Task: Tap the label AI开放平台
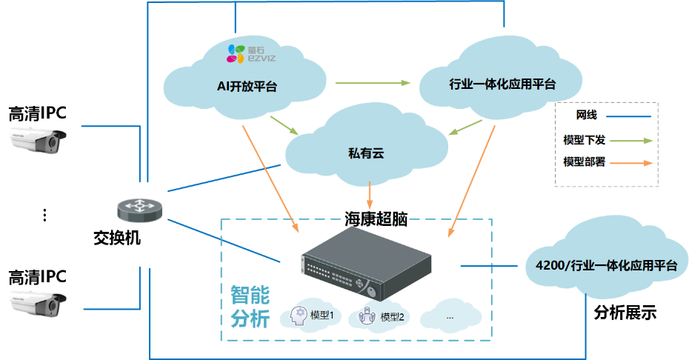[247, 87]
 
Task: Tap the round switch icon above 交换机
[139, 210]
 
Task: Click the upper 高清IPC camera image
[37, 141]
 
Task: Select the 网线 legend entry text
[586, 116]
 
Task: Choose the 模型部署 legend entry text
[585, 162]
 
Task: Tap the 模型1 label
[323, 315]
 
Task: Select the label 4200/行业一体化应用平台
[607, 265]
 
